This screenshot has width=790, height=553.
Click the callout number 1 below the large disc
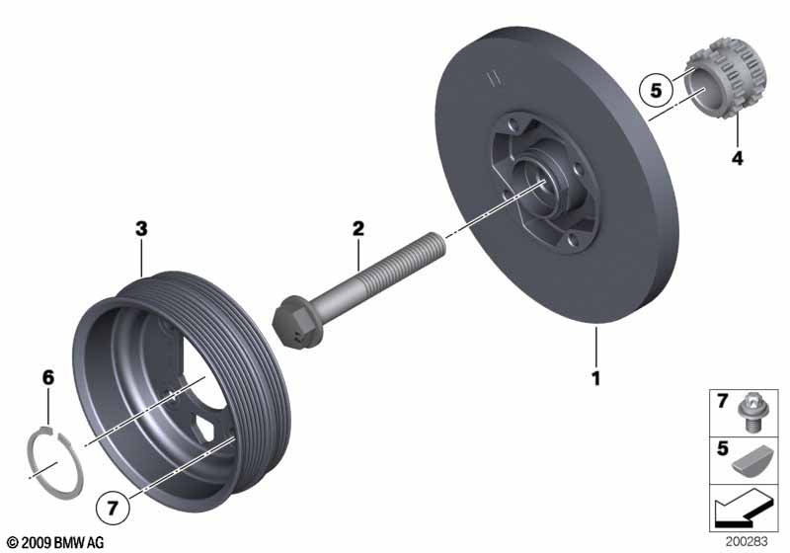click(x=596, y=378)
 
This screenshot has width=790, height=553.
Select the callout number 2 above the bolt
click(x=357, y=229)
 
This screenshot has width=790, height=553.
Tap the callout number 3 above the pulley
click(x=141, y=229)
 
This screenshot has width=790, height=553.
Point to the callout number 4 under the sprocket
click(x=737, y=158)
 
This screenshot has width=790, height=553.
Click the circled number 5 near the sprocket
click(x=656, y=91)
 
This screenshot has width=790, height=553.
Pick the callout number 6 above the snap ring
click(x=47, y=377)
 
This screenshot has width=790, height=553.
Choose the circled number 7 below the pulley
click(x=113, y=508)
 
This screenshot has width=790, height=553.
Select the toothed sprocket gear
click(x=726, y=83)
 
